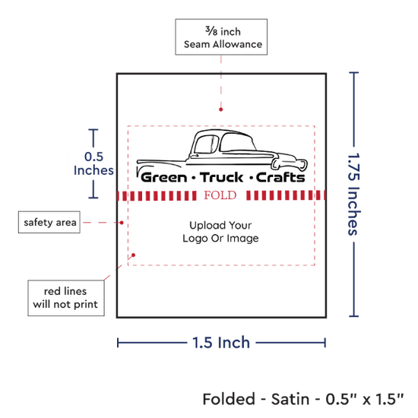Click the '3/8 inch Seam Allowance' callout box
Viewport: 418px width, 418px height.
(x=221, y=37)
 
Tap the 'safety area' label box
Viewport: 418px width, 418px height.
(x=49, y=222)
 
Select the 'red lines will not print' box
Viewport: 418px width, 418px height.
(x=66, y=298)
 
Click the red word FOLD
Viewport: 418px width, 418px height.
(x=220, y=195)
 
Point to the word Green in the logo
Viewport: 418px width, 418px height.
(x=164, y=178)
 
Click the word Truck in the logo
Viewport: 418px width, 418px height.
(x=221, y=178)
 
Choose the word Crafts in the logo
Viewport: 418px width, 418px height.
(x=280, y=178)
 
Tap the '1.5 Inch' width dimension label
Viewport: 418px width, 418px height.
(x=221, y=343)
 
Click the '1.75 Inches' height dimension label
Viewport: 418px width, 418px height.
(x=354, y=194)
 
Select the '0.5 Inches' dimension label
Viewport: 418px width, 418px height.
(x=93, y=163)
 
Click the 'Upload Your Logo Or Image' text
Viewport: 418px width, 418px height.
(x=220, y=232)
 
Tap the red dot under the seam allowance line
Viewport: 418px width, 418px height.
(x=220, y=109)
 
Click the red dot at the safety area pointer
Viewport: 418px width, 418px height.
(x=122, y=223)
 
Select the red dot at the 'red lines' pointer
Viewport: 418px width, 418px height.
(x=133, y=255)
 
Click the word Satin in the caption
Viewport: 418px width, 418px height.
(x=290, y=399)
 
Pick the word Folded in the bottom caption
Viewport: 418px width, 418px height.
(x=229, y=399)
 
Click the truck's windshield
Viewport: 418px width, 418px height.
(x=207, y=144)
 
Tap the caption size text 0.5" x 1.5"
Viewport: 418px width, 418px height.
(x=365, y=399)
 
